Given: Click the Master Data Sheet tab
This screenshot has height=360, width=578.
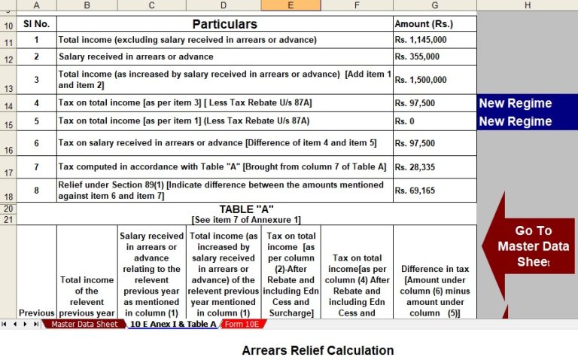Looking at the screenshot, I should pyautogui.click(x=84, y=325).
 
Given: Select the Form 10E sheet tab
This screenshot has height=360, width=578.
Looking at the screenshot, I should pyautogui.click(x=242, y=325).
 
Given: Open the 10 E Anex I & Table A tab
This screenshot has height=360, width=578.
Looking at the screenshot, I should pyautogui.click(x=172, y=325).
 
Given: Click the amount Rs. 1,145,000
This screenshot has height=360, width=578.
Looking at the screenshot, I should pyautogui.click(x=421, y=40).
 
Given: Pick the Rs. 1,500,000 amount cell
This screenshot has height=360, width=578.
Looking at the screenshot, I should pyautogui.click(x=421, y=80).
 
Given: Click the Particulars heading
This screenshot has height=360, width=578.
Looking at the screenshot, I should pyautogui.click(x=224, y=24).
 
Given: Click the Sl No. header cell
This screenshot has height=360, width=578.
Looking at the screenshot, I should pyautogui.click(x=36, y=24).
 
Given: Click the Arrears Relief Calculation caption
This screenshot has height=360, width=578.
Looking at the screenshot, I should pyautogui.click(x=318, y=350).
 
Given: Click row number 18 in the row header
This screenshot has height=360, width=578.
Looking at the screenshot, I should pyautogui.click(x=8, y=197).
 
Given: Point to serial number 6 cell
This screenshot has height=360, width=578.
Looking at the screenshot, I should pyautogui.click(x=36, y=143).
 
